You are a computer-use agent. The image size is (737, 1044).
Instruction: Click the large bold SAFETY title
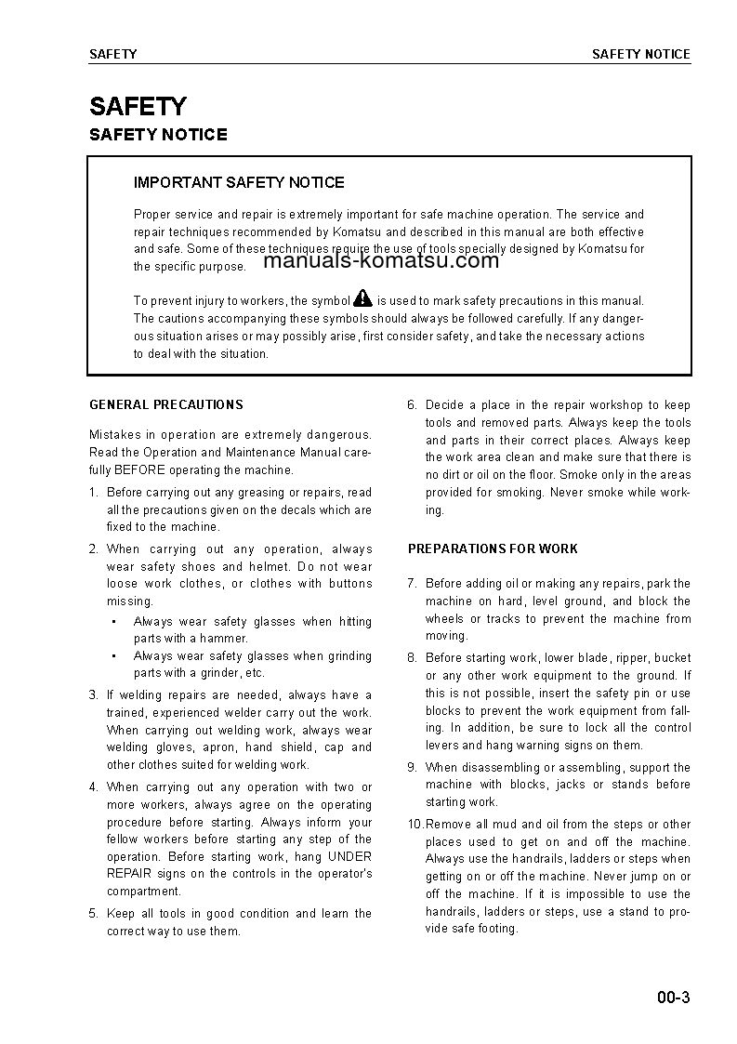click(138, 106)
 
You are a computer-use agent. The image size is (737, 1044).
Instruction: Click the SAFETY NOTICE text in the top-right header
click(640, 54)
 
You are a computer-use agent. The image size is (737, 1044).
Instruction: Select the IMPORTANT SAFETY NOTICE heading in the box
click(239, 182)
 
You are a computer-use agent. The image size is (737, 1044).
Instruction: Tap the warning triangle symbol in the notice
click(362, 298)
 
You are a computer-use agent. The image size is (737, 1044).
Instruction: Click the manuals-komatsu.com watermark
click(381, 260)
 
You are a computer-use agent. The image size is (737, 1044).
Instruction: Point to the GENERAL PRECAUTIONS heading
click(166, 404)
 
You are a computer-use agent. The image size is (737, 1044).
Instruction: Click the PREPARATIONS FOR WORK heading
click(493, 548)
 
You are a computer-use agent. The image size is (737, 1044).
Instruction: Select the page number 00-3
click(673, 998)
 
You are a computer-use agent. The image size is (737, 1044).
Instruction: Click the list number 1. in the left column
click(94, 493)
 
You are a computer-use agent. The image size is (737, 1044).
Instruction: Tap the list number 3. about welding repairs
click(94, 694)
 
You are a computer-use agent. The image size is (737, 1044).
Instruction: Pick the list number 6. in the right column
click(413, 404)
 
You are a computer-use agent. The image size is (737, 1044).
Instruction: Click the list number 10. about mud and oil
click(415, 824)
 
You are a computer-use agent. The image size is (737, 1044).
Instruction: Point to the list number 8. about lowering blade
click(413, 657)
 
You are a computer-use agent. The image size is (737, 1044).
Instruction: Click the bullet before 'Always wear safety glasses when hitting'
click(112, 621)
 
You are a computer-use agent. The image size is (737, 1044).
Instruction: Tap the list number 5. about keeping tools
click(94, 913)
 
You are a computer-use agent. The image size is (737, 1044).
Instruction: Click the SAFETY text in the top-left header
click(112, 54)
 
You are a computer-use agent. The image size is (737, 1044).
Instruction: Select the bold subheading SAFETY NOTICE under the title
click(158, 135)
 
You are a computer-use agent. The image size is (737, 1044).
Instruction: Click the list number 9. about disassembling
click(413, 767)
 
